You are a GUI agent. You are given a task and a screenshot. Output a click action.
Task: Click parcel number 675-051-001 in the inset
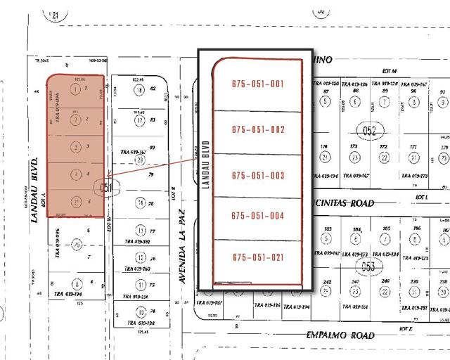click(257, 84)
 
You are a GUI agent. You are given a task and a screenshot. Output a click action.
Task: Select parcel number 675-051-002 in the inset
click(257, 129)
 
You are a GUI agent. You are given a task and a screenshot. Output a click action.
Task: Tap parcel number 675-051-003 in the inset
click(257, 174)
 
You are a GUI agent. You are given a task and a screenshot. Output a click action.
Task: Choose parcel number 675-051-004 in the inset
click(257, 215)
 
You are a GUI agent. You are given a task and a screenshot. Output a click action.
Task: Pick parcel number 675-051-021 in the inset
click(257, 257)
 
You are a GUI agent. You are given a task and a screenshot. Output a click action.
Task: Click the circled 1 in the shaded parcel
click(75, 91)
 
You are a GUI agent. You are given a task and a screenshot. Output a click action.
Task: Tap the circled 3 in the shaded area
click(75, 147)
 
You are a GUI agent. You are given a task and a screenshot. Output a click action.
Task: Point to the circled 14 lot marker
click(141, 203)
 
